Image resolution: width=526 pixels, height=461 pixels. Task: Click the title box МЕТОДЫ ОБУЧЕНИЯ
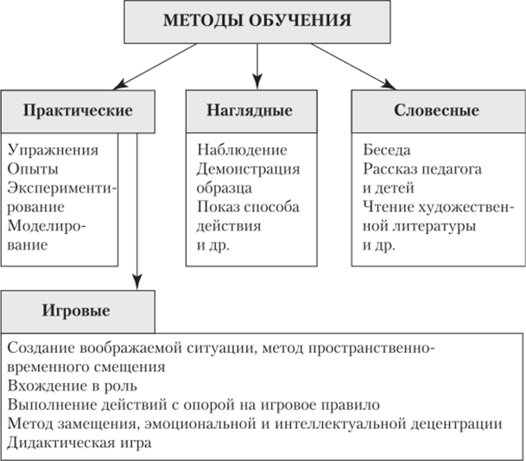pyautogui.click(x=257, y=22)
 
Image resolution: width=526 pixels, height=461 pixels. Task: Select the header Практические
pyautogui.click(x=78, y=111)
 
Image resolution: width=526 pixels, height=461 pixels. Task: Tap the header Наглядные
pyautogui.click(x=251, y=111)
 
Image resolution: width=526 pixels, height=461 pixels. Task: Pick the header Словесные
pyautogui.click(x=438, y=111)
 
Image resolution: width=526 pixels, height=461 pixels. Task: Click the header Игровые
pyautogui.click(x=78, y=312)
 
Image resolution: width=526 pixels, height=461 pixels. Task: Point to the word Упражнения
pyautogui.click(x=53, y=150)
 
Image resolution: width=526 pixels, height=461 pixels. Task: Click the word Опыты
pyautogui.click(x=33, y=169)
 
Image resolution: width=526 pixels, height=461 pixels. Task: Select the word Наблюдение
pyautogui.click(x=242, y=150)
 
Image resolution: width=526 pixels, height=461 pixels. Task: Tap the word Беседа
pyautogui.click(x=386, y=150)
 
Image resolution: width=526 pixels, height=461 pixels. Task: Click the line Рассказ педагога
pyautogui.click(x=422, y=169)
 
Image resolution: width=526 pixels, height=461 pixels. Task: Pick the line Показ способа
pyautogui.click(x=248, y=207)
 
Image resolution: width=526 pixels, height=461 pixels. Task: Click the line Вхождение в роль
pyautogui.click(x=73, y=386)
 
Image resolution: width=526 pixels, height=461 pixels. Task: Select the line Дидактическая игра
pyautogui.click(x=79, y=443)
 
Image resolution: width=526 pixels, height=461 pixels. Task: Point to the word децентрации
pyautogui.click(x=457, y=425)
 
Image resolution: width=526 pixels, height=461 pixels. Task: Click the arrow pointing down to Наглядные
pyautogui.click(x=257, y=66)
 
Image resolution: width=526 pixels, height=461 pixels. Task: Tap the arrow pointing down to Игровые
pyautogui.click(x=136, y=212)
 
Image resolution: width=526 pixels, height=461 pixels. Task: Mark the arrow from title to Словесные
pyautogui.click(x=353, y=66)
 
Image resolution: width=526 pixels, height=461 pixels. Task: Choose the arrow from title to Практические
pyautogui.click(x=155, y=66)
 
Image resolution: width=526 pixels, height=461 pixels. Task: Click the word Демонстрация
pyautogui.click(x=248, y=169)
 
